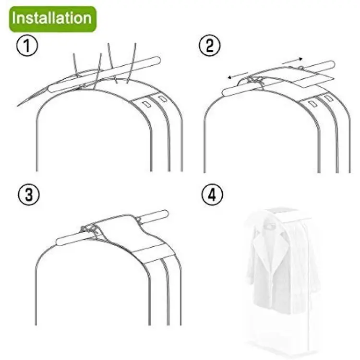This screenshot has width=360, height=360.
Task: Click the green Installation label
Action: coord(53,19)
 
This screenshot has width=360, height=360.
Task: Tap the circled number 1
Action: coord(27,46)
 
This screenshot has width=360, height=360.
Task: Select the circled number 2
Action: coord(209,45)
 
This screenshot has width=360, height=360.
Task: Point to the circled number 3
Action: coord(29,194)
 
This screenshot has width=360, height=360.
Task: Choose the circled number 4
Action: coord(212,195)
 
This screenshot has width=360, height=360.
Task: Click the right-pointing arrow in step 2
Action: coord(292,60)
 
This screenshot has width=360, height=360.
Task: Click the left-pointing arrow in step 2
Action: coord(238,75)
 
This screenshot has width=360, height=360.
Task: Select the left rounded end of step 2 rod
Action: coord(226,93)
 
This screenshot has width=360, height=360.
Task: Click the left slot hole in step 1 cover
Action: coord(146,105)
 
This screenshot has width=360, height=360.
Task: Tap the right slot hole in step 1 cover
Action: coord(163,99)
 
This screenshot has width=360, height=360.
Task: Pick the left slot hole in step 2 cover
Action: coord(312,104)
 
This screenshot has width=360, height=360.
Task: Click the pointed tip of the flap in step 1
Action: coord(18,106)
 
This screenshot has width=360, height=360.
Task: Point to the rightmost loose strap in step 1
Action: coord(132,62)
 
